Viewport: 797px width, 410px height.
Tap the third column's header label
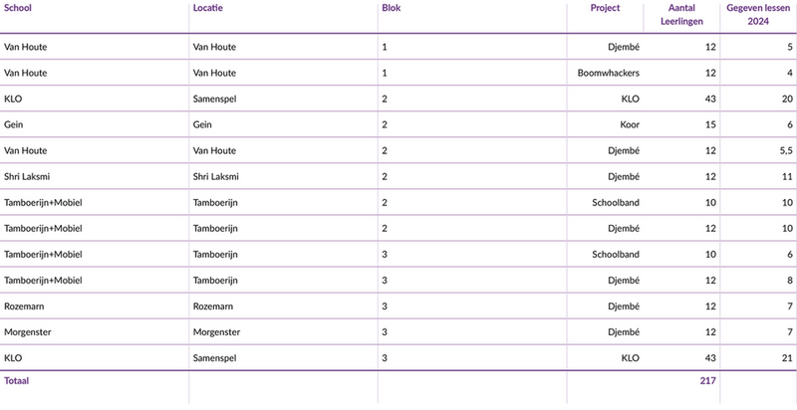point(390,7)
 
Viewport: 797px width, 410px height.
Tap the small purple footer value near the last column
point(705,380)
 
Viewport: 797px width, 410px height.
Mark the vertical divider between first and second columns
point(187,199)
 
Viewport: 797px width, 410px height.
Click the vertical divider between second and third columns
point(377,199)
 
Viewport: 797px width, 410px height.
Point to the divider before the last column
point(722,199)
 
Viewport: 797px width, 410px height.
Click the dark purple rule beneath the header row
point(398,32)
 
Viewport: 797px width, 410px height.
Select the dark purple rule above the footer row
point(398,368)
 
